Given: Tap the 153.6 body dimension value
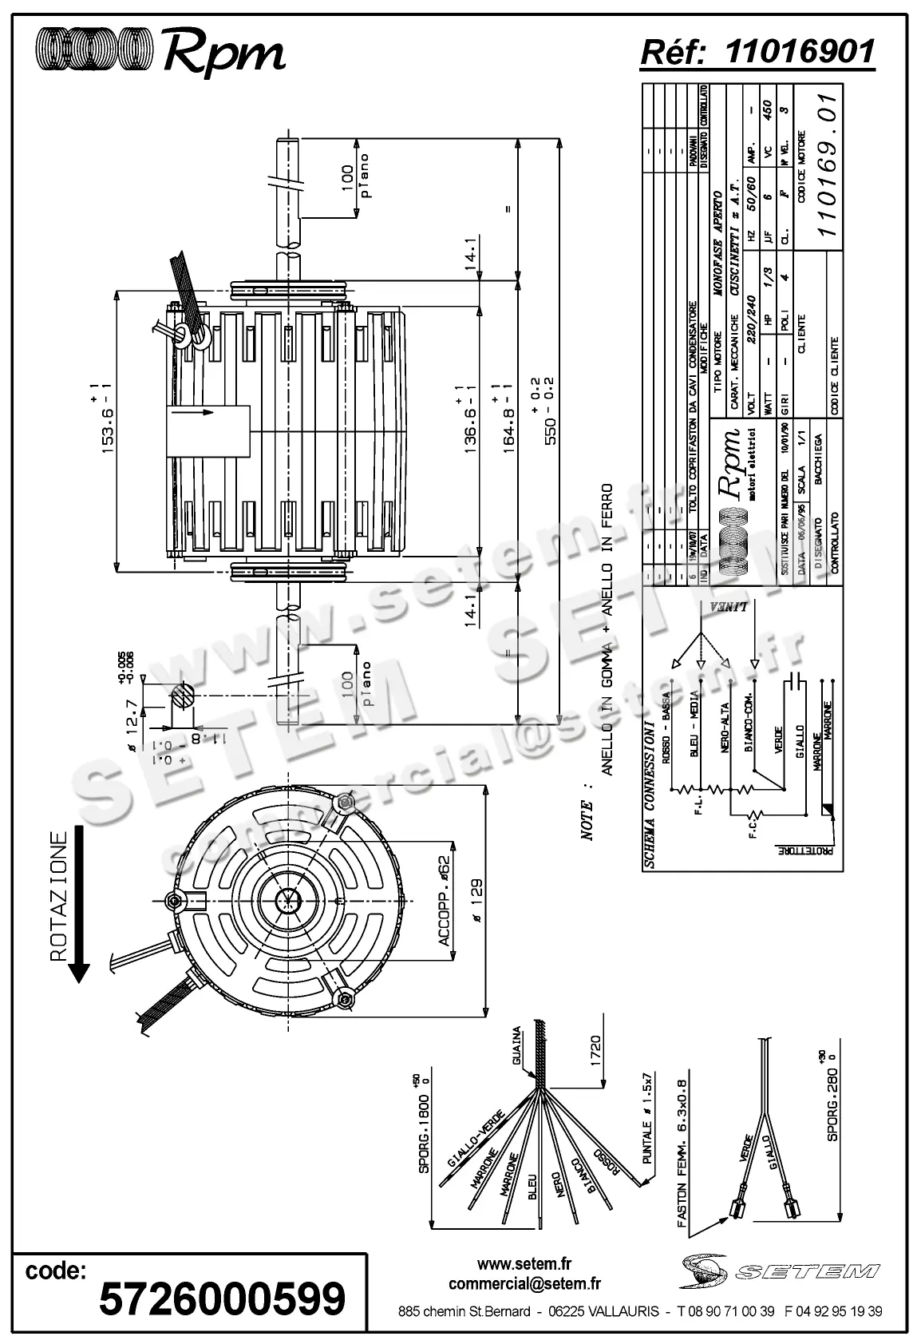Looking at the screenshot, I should click(x=109, y=423).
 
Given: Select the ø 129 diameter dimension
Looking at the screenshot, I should click(x=476, y=901).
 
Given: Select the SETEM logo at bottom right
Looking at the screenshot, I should click(x=781, y=1270).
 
